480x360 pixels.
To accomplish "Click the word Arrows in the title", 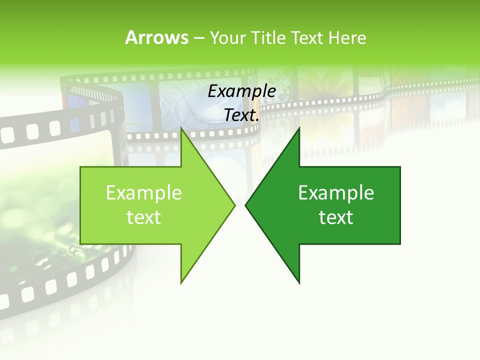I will pyautogui.click(x=156, y=37).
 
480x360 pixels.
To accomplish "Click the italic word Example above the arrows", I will pyautogui.click(x=242, y=91).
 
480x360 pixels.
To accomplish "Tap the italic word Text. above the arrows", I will pyautogui.click(x=242, y=115).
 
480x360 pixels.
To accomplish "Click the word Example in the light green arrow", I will pyautogui.click(x=144, y=193).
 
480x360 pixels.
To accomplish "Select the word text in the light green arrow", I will pyautogui.click(x=144, y=217).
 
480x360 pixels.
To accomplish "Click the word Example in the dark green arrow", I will pyautogui.click(x=336, y=193).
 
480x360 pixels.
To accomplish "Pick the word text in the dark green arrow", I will pyautogui.click(x=336, y=217).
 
